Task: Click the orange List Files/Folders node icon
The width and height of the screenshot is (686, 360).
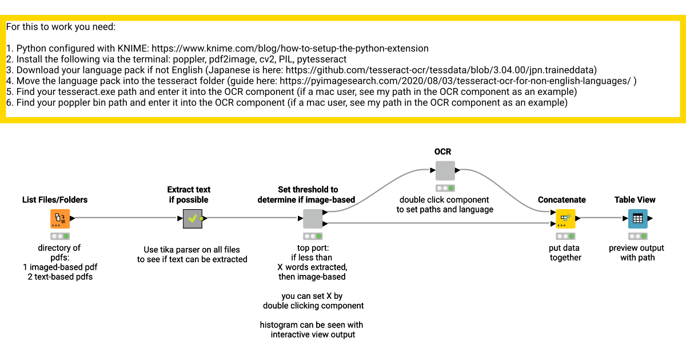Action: pyautogui.click(x=59, y=218)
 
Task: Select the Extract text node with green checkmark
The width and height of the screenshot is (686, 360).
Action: pyautogui.click(x=193, y=218)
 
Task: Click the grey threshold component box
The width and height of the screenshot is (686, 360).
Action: pyautogui.click(x=312, y=218)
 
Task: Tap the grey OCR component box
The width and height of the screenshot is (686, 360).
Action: pyautogui.click(x=445, y=170)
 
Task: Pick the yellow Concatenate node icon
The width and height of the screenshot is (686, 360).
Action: pyautogui.click(x=565, y=218)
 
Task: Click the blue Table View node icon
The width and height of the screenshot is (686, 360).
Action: pyautogui.click(x=637, y=218)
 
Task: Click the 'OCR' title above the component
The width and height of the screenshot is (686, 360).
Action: pyautogui.click(x=443, y=151)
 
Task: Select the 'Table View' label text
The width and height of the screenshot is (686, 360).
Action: pyautogui.click(x=635, y=199)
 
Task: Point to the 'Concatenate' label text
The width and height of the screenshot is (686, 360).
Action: pyautogui.click(x=562, y=199)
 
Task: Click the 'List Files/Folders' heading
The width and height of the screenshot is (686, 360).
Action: pyautogui.click(x=55, y=199)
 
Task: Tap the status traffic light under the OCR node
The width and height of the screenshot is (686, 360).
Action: pyautogui.click(x=445, y=188)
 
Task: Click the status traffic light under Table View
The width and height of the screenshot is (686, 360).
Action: pyautogui.click(x=637, y=236)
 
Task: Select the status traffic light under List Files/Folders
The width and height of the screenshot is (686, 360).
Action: pyautogui.click(x=59, y=236)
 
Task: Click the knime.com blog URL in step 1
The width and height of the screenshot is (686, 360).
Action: pyautogui.click(x=290, y=49)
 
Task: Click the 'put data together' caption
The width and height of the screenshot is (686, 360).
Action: pyautogui.click(x=565, y=253)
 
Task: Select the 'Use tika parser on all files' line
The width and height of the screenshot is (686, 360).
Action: pyautogui.click(x=192, y=249)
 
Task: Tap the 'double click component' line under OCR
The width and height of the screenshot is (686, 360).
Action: pyautogui.click(x=444, y=199)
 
